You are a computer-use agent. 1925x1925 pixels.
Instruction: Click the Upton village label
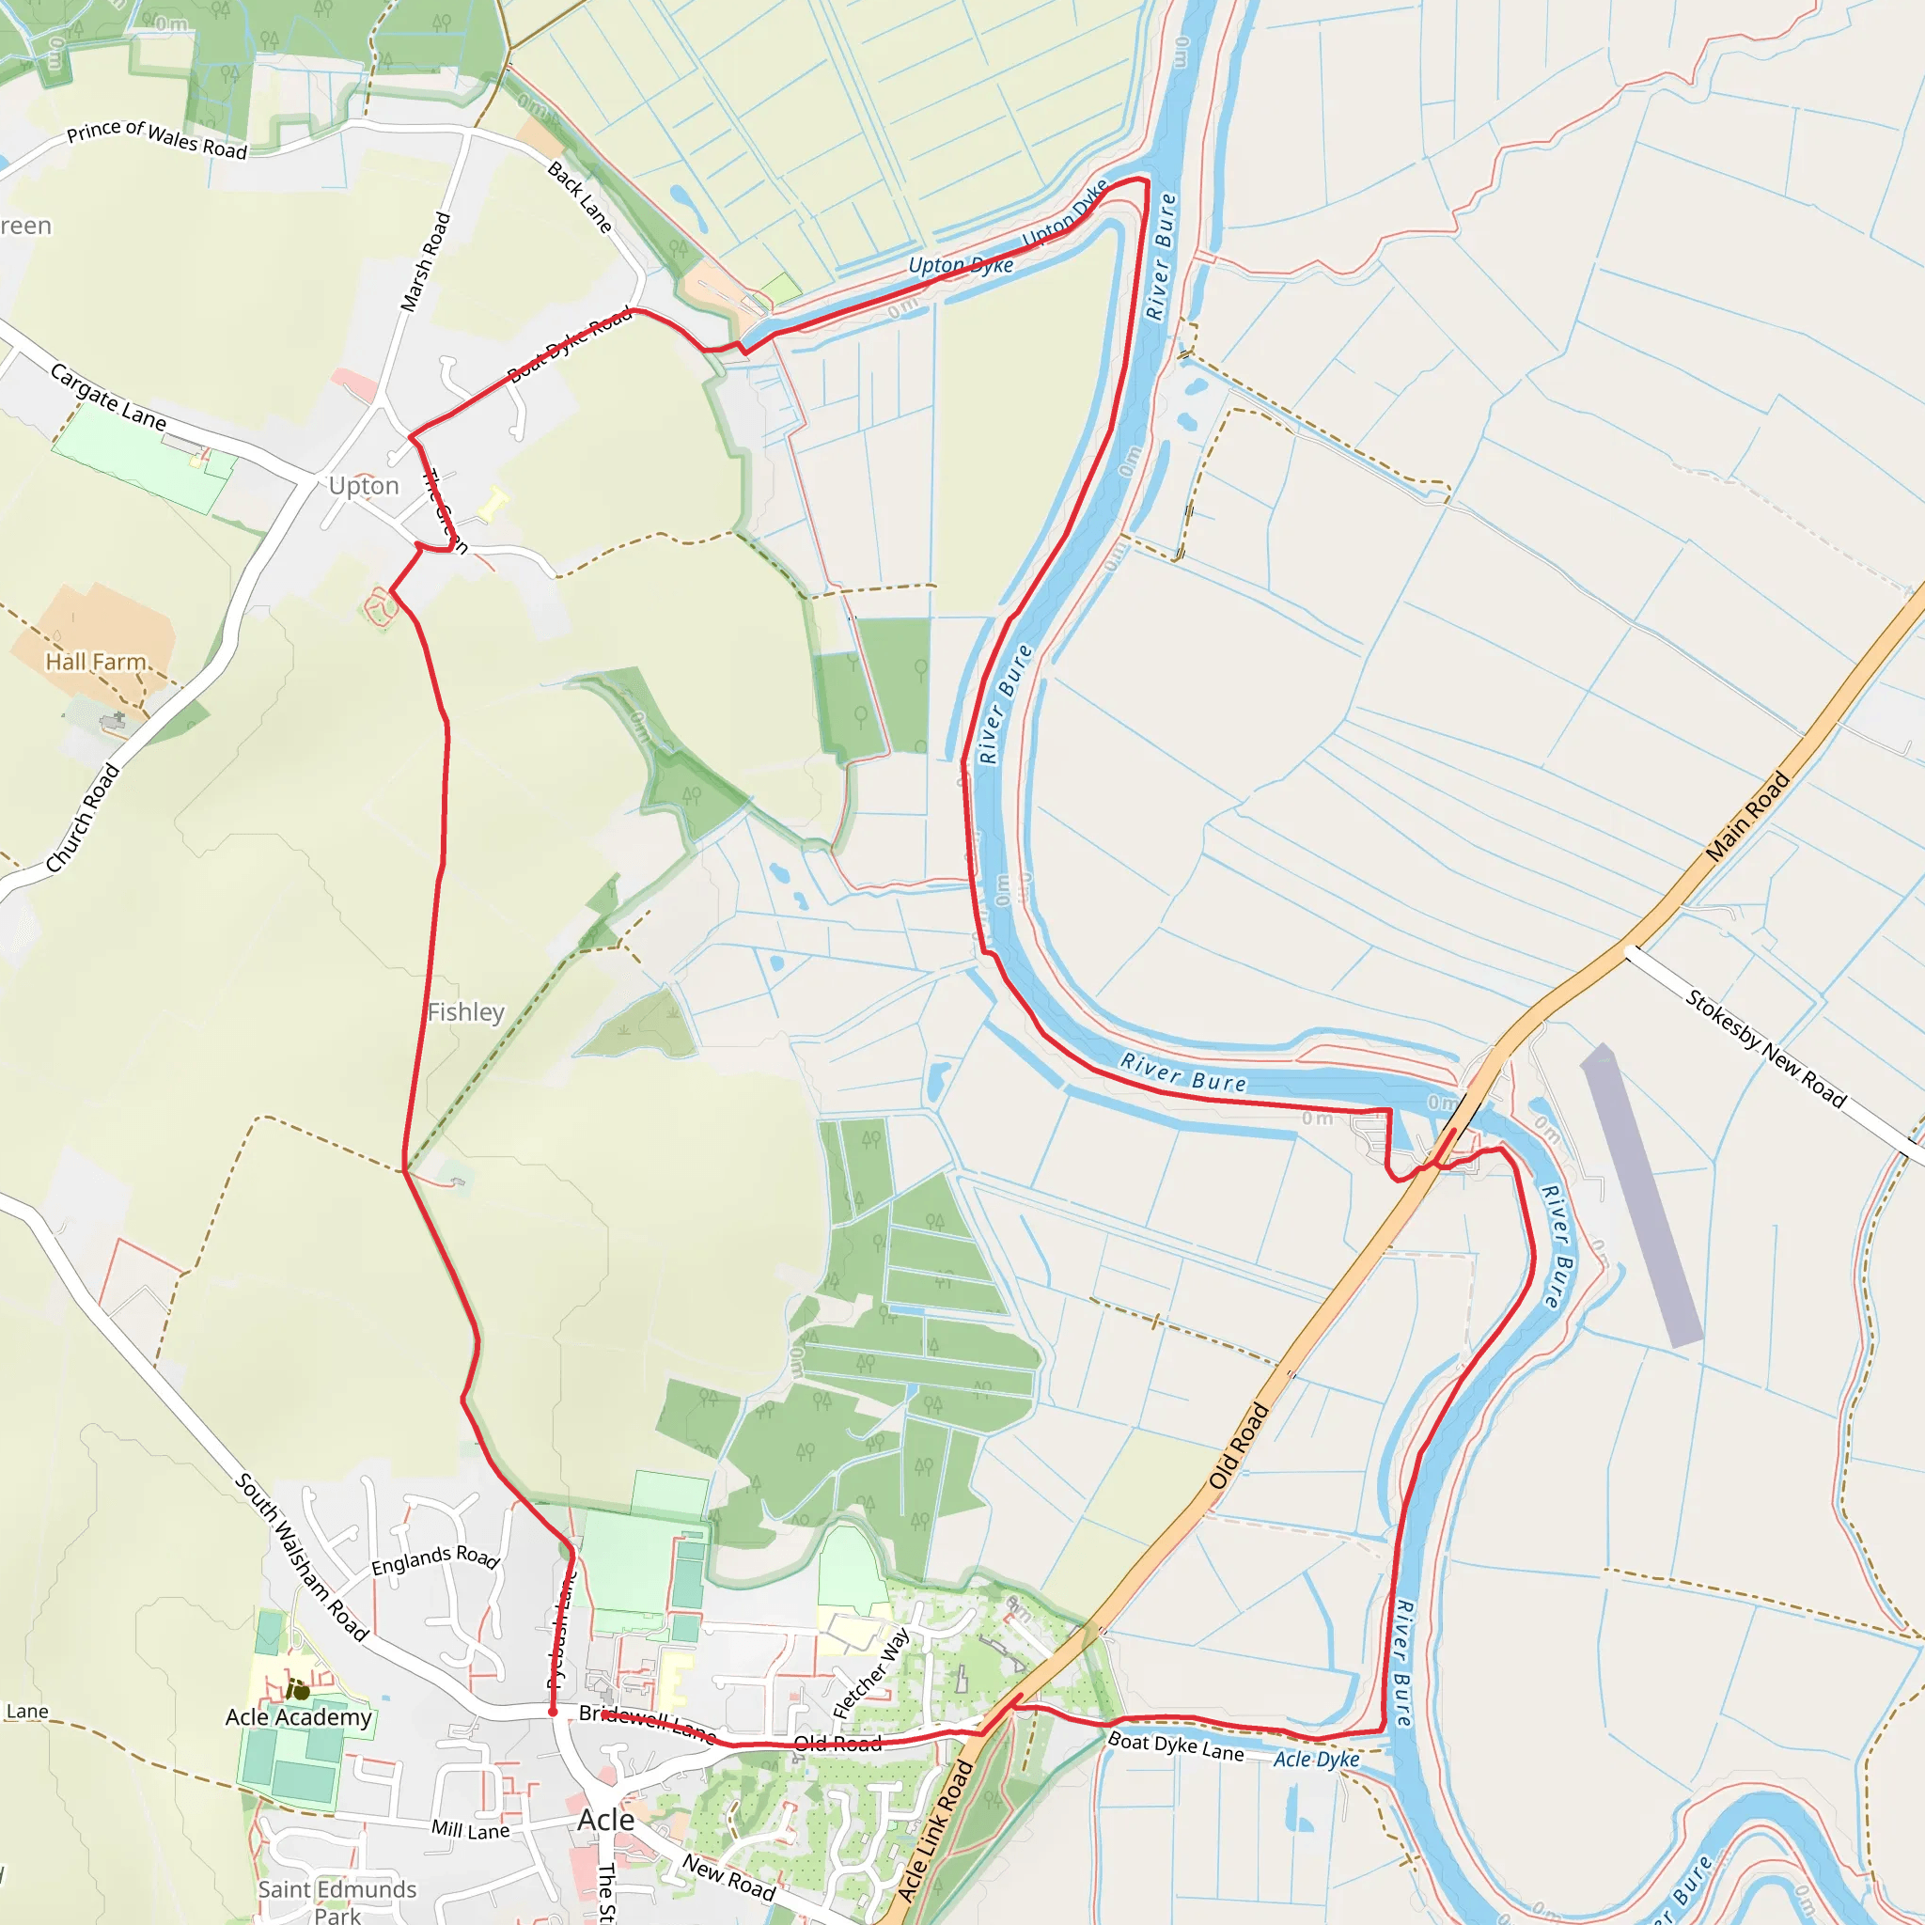pos(364,486)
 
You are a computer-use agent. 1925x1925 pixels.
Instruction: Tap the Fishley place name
pos(465,1012)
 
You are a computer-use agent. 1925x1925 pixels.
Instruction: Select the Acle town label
pos(606,1821)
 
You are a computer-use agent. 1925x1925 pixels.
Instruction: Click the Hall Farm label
pos(97,662)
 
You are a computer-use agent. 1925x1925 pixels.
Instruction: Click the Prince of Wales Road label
pos(156,139)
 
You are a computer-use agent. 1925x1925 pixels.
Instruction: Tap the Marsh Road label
pos(426,262)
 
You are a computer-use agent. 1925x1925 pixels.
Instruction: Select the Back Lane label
pos(580,197)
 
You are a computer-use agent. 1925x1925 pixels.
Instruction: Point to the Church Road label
pos(83,818)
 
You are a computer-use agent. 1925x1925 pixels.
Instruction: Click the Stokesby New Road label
pos(1766,1048)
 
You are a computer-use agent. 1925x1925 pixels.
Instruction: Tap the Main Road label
pos(1747,817)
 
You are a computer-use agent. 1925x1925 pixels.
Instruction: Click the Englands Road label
pos(434,1560)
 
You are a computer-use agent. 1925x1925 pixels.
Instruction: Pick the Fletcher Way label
pos(869,1674)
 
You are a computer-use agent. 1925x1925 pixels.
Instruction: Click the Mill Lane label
pos(470,1829)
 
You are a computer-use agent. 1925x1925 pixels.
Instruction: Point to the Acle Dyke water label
pos(1316,1760)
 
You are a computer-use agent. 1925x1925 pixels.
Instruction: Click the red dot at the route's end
pos(553,1712)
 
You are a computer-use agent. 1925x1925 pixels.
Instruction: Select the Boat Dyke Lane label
pos(1176,1746)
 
